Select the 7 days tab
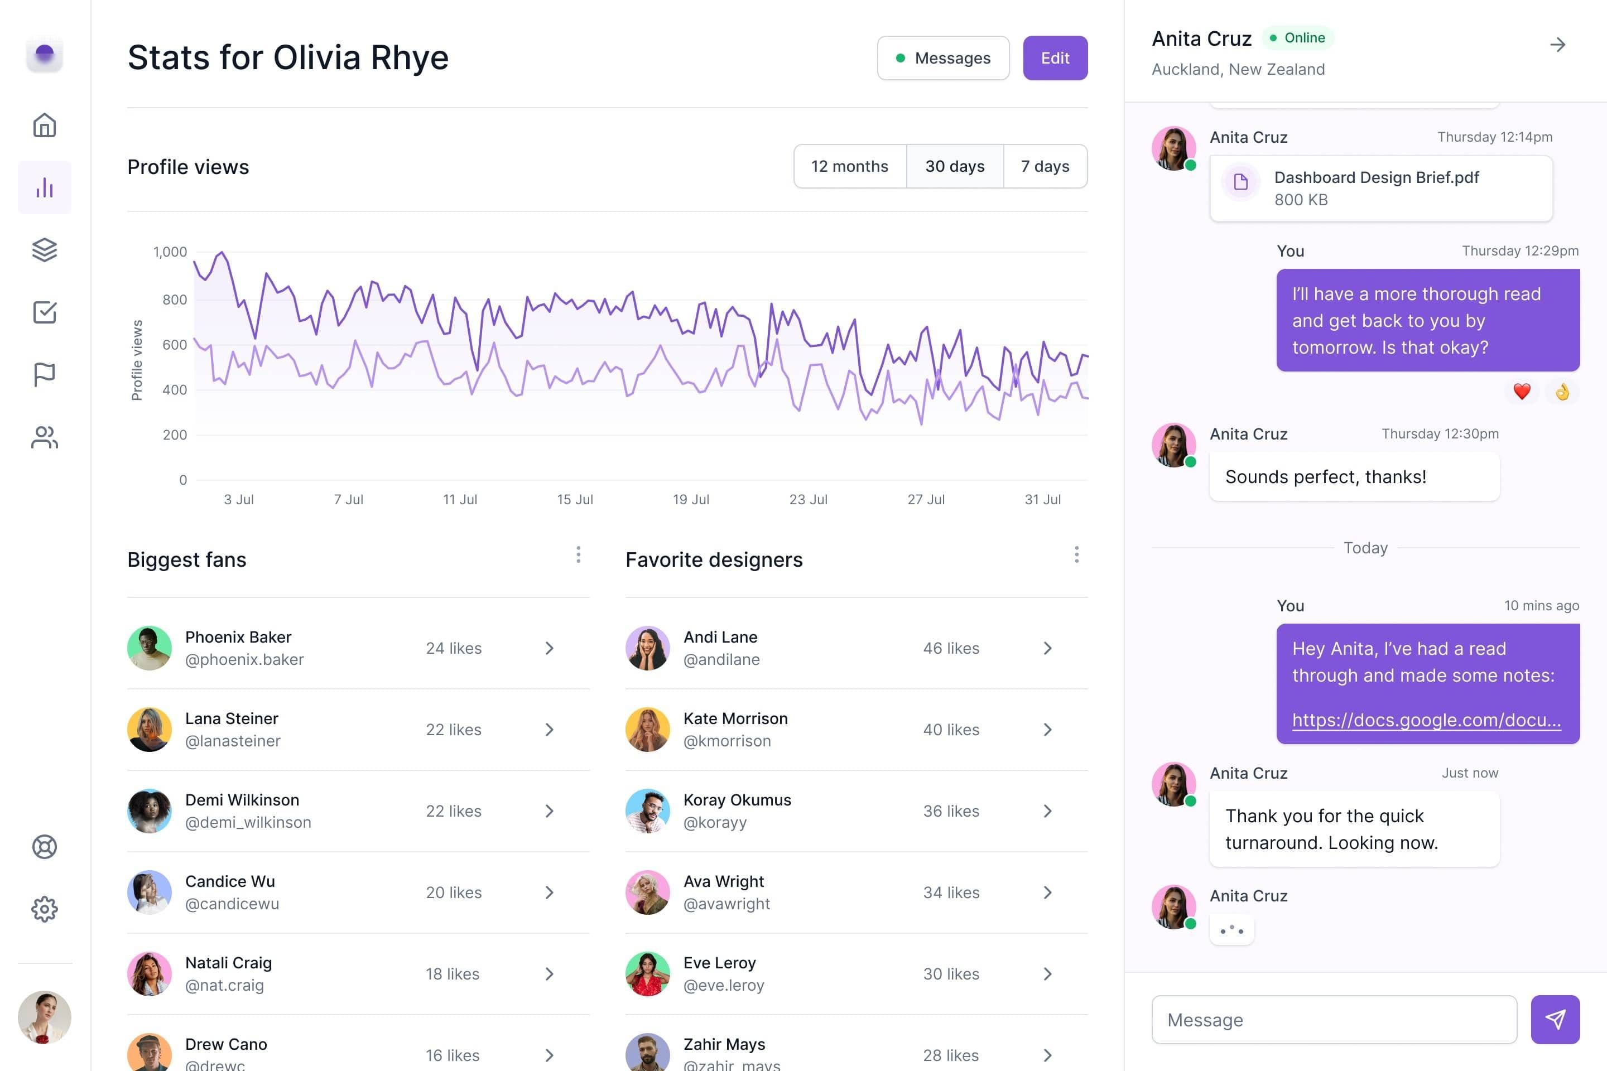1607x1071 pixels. coord(1045,166)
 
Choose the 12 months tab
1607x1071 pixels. coord(849,166)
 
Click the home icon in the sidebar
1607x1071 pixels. coord(45,125)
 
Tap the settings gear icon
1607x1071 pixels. coord(45,909)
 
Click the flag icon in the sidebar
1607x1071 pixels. coord(45,374)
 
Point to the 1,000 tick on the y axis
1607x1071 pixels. coord(170,252)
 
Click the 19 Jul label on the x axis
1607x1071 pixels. coord(691,499)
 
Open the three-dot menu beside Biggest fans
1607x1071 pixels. coord(578,554)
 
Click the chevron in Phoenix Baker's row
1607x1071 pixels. coord(549,648)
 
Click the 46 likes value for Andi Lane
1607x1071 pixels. coord(951,648)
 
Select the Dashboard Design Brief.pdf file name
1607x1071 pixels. coord(1376,177)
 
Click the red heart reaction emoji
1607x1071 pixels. coord(1522,392)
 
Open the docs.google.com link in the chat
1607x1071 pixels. coord(1426,720)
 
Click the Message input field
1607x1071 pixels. coord(1334,1020)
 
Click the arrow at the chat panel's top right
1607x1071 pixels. coord(1557,45)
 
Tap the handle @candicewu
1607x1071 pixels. coord(232,904)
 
